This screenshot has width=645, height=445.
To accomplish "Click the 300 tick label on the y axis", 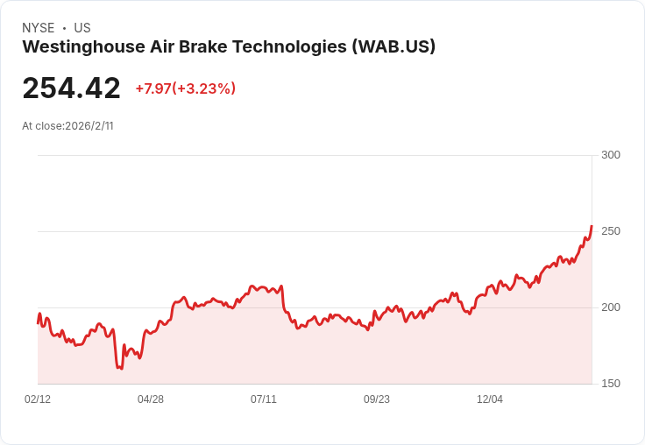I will tap(610, 155).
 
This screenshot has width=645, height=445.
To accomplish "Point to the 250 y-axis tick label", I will tap(610, 231).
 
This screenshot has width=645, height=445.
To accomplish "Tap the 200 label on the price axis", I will tap(610, 307).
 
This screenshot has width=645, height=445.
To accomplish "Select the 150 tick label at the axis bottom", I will tap(610, 384).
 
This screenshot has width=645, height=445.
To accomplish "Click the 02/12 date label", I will tap(38, 399).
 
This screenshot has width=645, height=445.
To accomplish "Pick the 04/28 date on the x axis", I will tap(151, 399).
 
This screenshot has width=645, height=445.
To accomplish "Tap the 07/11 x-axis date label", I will tap(264, 399).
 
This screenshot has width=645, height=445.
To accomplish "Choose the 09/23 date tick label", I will tap(377, 399).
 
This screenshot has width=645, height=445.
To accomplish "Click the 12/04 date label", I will tap(490, 399).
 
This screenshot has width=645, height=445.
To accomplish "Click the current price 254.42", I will tap(72, 88).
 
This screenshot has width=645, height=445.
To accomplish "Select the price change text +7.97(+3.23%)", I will tap(185, 88).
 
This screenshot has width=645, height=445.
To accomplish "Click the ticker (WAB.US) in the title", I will tap(393, 47).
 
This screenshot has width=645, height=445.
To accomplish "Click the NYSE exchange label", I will tap(39, 28).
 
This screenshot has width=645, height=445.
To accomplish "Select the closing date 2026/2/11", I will tap(89, 126).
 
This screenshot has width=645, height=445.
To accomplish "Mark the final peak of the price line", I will tap(592, 226).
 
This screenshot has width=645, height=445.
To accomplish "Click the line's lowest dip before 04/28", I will tap(120, 369).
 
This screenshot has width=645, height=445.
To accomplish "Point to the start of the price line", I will tap(38, 323).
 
